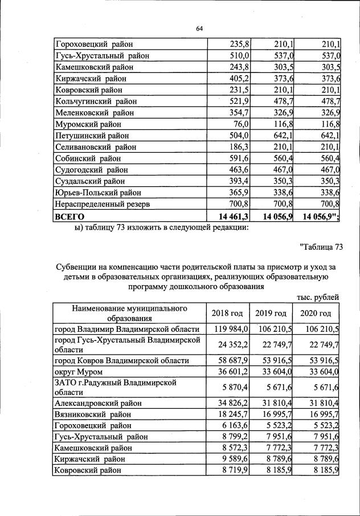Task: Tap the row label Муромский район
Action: click(x=87, y=124)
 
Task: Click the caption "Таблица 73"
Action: click(x=320, y=247)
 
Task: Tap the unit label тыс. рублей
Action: click(x=318, y=297)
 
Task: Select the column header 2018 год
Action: click(x=227, y=313)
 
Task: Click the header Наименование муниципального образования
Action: click(x=129, y=313)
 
